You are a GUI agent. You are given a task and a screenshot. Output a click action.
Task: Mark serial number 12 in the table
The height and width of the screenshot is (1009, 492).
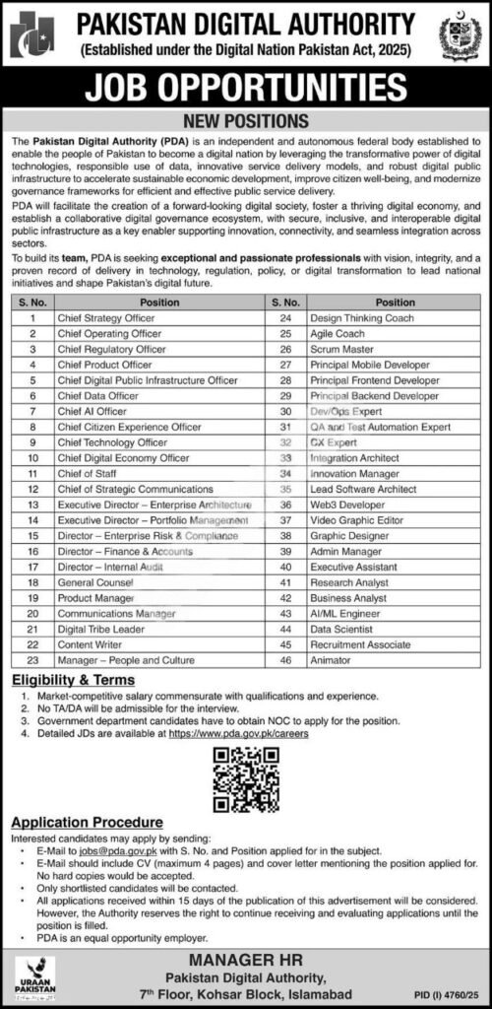point(32,488)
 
